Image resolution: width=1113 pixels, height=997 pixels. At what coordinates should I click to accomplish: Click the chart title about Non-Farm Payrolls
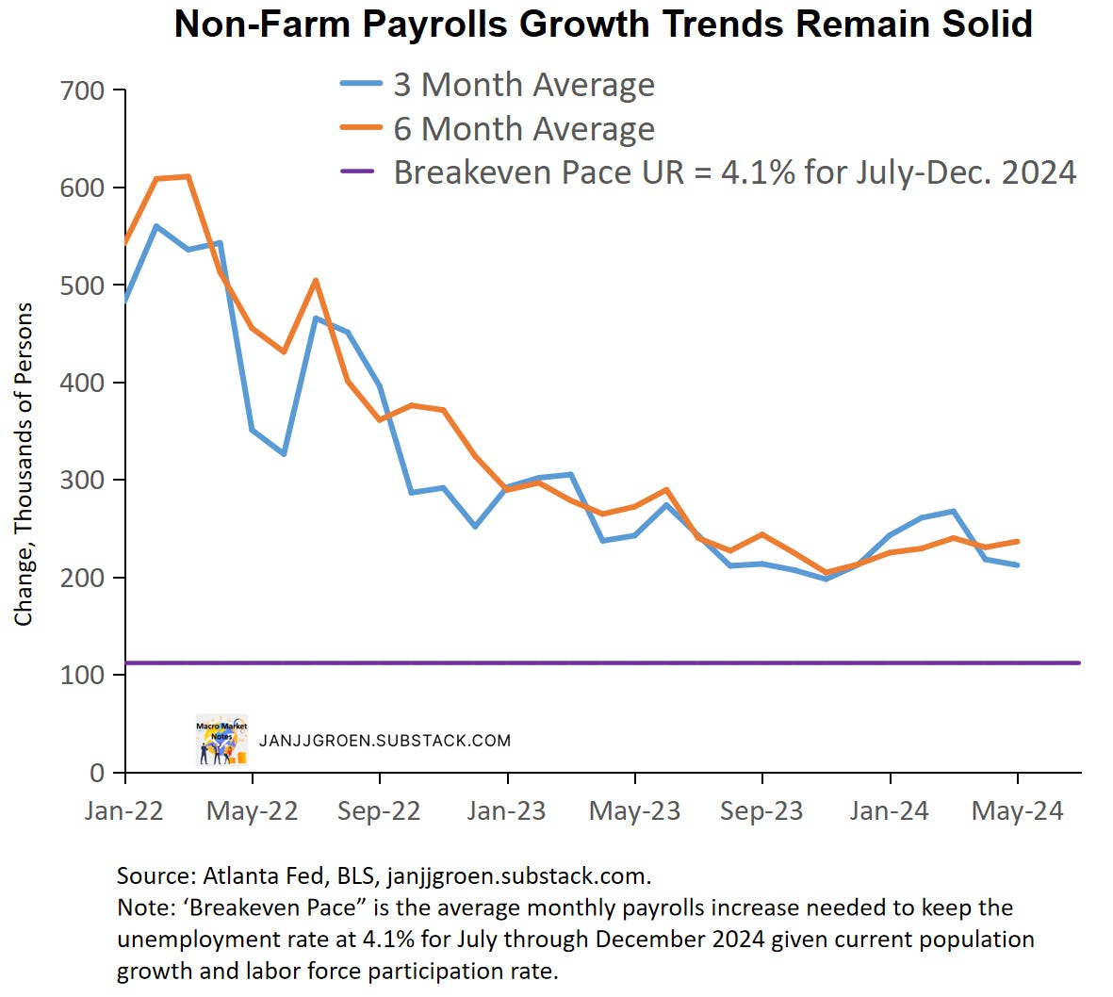click(603, 24)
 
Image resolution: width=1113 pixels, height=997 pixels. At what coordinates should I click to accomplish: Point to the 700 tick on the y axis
click(82, 91)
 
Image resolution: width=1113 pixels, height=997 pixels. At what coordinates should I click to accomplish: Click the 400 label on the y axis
click(82, 384)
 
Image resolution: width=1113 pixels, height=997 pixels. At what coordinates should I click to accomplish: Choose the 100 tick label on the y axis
click(82, 676)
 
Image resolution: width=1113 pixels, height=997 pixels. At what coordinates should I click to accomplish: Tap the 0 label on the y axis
click(96, 774)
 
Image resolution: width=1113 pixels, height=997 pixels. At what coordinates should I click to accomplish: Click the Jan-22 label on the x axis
click(123, 811)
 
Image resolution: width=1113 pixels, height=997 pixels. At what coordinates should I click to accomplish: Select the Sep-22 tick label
click(379, 811)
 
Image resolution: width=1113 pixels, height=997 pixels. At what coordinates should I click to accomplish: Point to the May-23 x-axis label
click(634, 811)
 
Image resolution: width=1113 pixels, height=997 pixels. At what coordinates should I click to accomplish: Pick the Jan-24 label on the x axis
click(889, 811)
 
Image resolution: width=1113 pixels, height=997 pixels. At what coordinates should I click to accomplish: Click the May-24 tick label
click(1017, 811)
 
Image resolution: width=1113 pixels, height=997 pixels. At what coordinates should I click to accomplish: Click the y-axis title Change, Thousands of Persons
click(24, 464)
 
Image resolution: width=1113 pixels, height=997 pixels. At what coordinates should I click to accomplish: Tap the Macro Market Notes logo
click(221, 740)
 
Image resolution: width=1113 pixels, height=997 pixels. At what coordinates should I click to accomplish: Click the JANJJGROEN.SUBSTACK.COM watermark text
click(385, 741)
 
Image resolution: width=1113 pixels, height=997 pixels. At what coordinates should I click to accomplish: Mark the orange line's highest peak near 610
click(188, 176)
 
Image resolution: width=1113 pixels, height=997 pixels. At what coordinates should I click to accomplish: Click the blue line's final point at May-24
click(1017, 565)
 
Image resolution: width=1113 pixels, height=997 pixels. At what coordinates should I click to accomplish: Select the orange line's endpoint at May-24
click(1017, 541)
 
